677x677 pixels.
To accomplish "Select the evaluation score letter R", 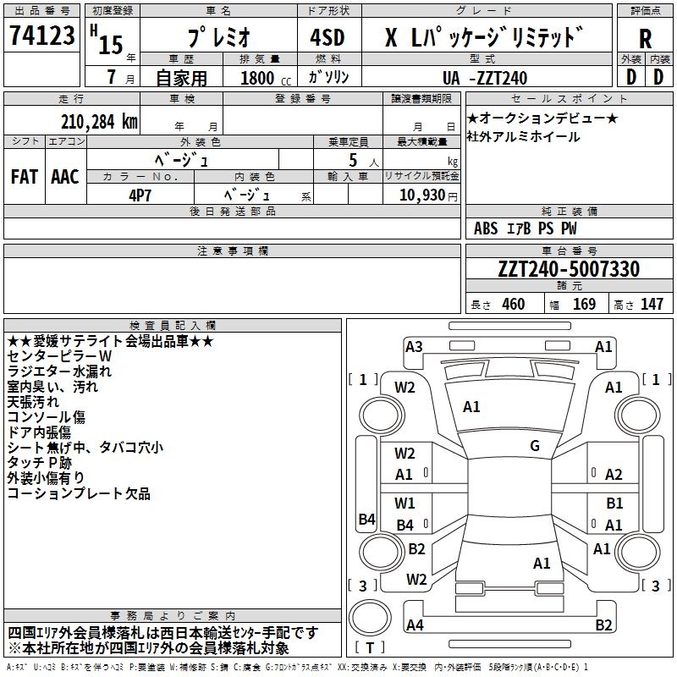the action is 645,38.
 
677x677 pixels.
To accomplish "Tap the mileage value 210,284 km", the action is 99,122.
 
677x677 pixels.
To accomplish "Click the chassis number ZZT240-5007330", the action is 569,269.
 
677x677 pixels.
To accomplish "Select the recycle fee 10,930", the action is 421,195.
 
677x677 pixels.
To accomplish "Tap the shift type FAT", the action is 24,177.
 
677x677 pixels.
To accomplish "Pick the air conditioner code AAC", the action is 65,177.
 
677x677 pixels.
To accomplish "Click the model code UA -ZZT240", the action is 486,78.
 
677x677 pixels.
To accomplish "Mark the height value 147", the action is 652,304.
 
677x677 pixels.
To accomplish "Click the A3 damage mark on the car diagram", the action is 414,346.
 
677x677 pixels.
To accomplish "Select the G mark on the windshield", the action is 535,446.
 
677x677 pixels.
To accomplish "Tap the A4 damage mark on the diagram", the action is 415,625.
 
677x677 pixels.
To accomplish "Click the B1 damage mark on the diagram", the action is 614,504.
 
